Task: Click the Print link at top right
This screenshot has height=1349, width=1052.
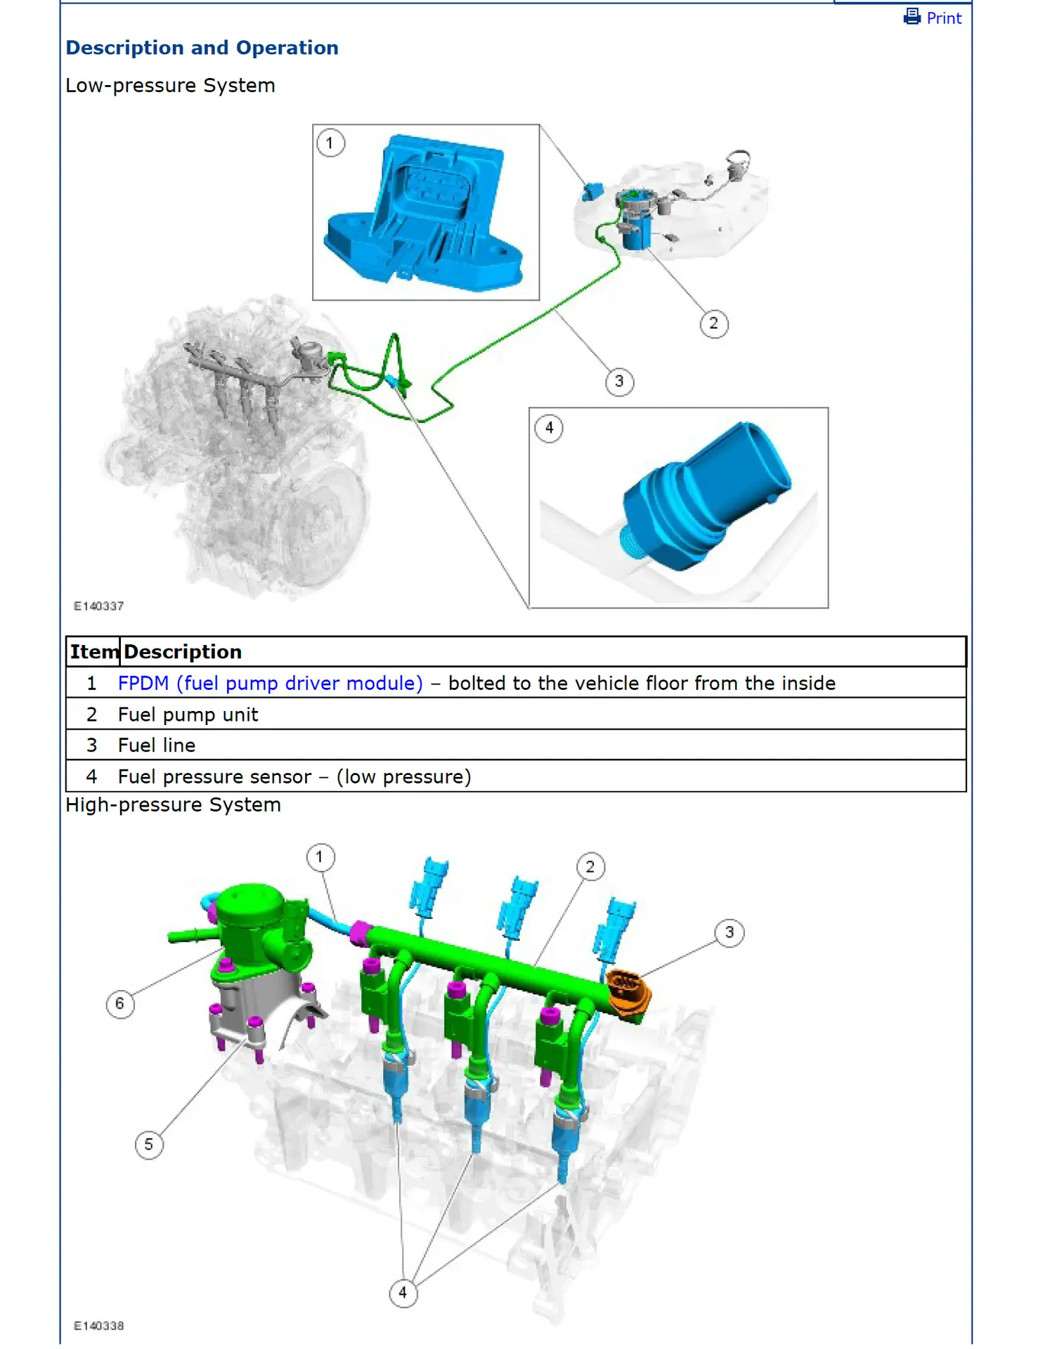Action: (933, 18)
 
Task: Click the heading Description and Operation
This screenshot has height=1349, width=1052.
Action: (202, 48)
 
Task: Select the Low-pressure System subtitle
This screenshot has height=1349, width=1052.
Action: (170, 86)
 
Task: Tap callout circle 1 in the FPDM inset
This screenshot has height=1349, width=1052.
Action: (330, 143)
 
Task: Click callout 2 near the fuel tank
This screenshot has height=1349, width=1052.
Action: (713, 324)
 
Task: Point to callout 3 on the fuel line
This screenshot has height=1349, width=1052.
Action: (618, 382)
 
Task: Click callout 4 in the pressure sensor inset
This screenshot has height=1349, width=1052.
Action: (549, 428)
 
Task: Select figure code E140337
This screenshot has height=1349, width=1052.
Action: (99, 606)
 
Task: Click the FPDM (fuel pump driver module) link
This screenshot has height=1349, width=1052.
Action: (270, 683)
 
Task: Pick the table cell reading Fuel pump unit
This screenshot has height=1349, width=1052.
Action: (188, 715)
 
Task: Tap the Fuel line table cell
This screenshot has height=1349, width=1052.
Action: (156, 745)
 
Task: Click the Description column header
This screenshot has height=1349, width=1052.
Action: (183, 652)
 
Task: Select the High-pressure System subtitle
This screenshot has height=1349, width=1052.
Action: (173, 805)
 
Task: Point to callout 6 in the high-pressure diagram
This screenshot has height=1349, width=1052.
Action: (119, 1003)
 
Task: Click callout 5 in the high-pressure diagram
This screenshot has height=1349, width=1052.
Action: (148, 1145)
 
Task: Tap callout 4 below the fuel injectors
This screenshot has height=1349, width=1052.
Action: (403, 1292)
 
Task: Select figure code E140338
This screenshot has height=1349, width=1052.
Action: (99, 1326)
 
